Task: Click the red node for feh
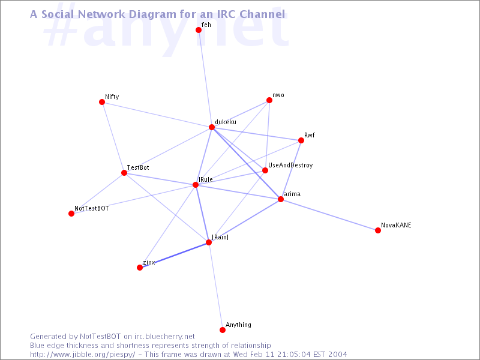[x=199, y=30]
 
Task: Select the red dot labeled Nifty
[x=102, y=102]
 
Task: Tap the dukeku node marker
[x=212, y=127]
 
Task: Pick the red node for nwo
[x=269, y=101]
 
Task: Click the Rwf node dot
[x=301, y=140]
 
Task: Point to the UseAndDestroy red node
[x=265, y=170]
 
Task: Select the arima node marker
[x=281, y=199]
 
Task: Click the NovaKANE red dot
[x=378, y=230]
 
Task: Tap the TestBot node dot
[x=124, y=173]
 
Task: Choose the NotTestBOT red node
[x=71, y=214]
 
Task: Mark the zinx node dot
[x=140, y=268]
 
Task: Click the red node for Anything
[x=223, y=330]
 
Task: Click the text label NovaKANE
[x=396, y=226]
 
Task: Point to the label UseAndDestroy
[x=290, y=165]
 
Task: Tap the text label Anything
[x=238, y=325]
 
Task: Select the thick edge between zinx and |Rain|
[x=174, y=255]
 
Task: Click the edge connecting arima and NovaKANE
[x=329, y=215]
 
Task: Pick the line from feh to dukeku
[x=205, y=79]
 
